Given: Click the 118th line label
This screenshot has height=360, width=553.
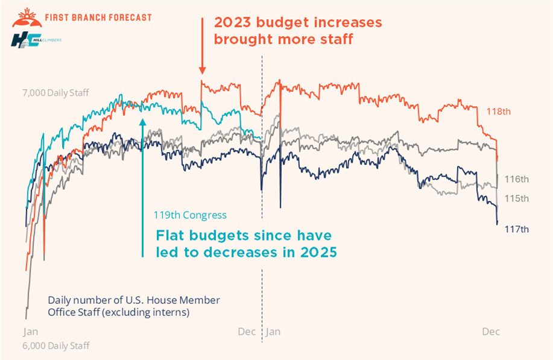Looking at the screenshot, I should pos(499,111).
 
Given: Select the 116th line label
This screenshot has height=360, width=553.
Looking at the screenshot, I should pos(517,179).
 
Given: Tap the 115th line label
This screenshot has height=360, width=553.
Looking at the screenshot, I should pos(517,198).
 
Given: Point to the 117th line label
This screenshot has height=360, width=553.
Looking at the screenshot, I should pos(517,229).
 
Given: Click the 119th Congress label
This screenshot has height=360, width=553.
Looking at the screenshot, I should pos(189,215).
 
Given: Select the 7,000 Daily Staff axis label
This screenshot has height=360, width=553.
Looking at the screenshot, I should pos(55,93).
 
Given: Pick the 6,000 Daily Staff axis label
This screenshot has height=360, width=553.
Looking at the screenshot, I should pos(56,346).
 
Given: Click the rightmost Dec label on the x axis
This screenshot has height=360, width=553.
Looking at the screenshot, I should pos(491,332).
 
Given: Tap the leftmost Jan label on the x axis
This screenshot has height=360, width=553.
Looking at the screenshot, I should pos(30,332).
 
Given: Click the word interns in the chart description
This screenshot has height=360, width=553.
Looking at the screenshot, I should pos(172,312).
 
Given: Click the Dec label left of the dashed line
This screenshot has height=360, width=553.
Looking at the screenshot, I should pos(247,332).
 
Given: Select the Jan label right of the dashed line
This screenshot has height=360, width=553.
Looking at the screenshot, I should pos(273,332).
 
